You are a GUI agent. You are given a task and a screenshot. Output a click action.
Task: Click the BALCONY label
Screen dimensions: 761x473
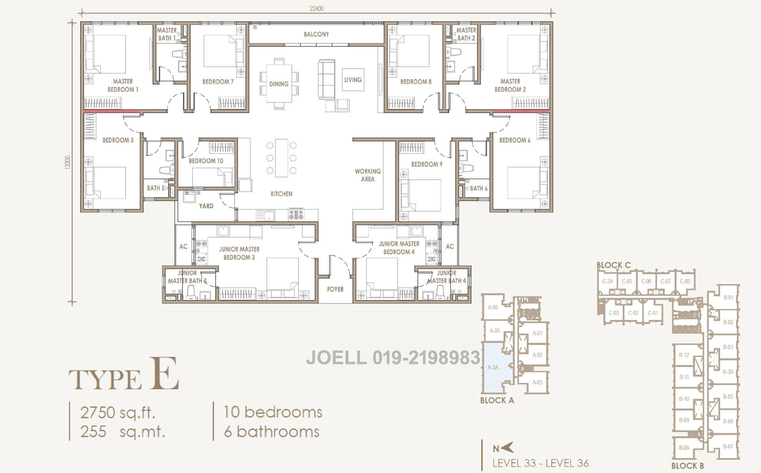pos(316,34)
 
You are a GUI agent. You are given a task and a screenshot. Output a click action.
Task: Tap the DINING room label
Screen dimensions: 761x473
pos(279,84)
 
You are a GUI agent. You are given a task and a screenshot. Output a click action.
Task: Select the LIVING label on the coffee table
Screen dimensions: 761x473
pos(353,80)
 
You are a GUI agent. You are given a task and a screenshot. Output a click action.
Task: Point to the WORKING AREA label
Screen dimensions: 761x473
pos(368,175)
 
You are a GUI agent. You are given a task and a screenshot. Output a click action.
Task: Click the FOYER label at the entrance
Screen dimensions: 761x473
pos(335,289)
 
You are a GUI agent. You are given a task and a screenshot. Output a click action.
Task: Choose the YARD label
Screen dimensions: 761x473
pos(206,206)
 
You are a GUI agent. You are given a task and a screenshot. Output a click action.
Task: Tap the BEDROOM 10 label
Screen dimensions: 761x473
pos(206,161)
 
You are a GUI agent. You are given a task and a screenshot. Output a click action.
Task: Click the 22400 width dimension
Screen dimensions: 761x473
pos(316,9)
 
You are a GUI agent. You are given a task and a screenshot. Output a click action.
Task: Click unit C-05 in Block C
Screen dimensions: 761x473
pos(627,281)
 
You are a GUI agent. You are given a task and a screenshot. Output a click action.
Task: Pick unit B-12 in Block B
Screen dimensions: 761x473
pos(684,355)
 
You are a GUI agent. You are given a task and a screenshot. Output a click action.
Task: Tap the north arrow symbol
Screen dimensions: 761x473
pos(508,447)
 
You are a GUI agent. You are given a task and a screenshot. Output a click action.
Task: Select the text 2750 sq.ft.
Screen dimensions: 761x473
pos(118,413)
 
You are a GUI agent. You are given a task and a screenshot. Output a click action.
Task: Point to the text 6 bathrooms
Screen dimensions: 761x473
pos(272,432)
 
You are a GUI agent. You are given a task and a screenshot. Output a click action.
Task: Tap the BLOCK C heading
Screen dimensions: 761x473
pos(614,265)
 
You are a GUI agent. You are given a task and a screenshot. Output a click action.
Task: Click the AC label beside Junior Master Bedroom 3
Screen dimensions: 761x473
pos(183,246)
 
